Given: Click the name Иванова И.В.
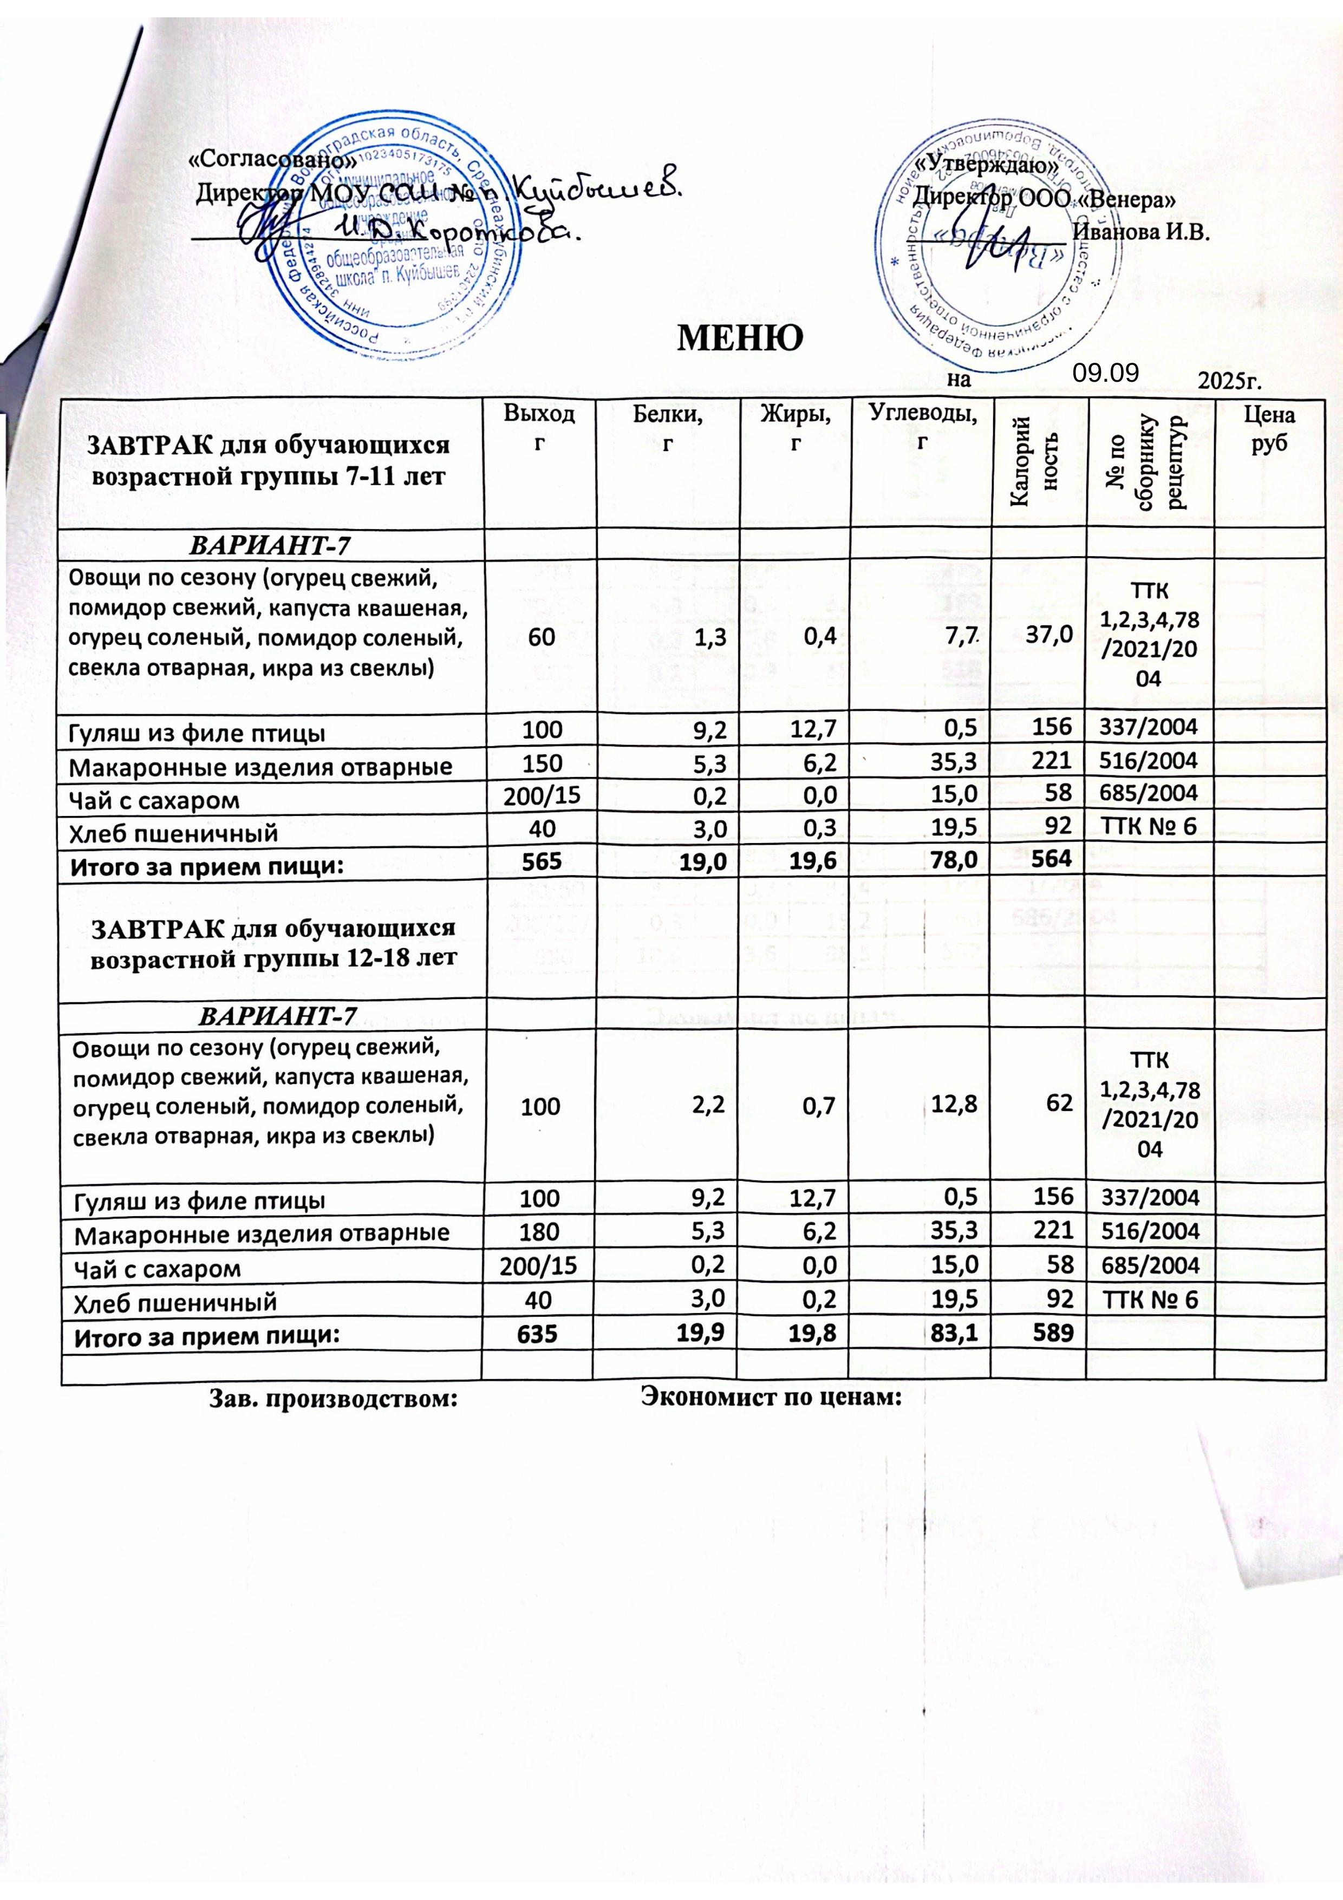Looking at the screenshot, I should (1141, 231).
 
